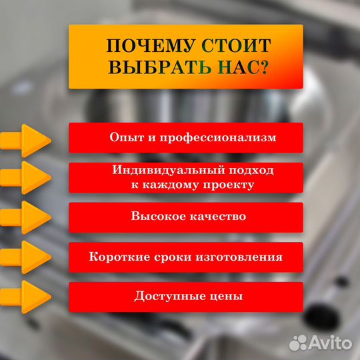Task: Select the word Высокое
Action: (x=153, y=217)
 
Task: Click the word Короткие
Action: (x=118, y=257)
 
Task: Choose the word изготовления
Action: (x=241, y=257)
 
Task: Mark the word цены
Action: (x=226, y=295)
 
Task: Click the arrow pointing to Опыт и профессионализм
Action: (x=27, y=140)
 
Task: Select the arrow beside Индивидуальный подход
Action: (x=27, y=177)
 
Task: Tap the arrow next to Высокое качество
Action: (x=27, y=217)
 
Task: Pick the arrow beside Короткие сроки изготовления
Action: (x=27, y=257)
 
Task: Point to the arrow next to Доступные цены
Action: (x=27, y=295)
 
